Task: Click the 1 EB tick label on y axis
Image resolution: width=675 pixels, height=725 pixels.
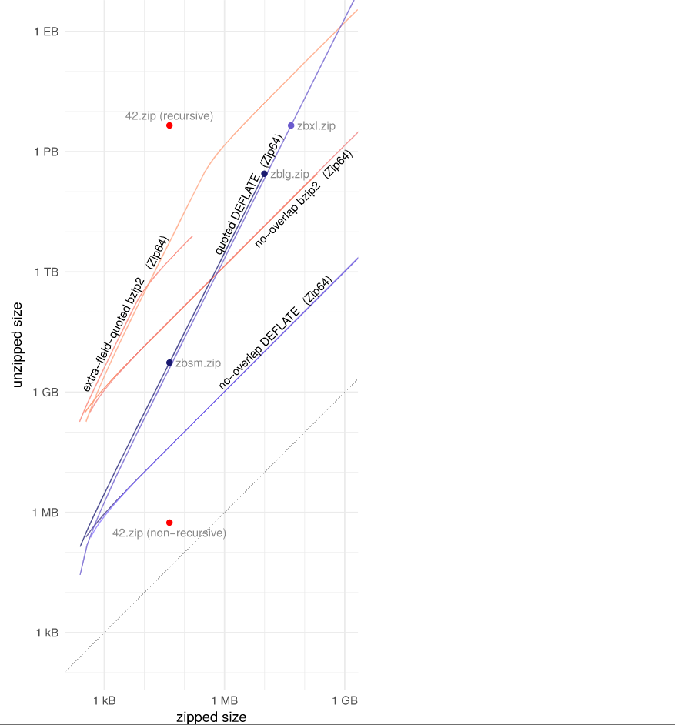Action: click(46, 32)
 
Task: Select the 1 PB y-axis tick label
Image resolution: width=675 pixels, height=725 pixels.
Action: click(46, 152)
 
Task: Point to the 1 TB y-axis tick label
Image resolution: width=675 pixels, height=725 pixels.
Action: click(46, 272)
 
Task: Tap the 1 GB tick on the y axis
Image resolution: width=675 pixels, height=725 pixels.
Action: click(46, 392)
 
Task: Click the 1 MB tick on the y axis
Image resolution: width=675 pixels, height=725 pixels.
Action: click(46, 512)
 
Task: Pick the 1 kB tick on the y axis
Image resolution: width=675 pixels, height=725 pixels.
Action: click(47, 633)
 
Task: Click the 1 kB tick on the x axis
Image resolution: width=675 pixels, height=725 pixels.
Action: click(105, 701)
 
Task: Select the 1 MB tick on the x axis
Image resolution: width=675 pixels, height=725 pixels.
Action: click(225, 701)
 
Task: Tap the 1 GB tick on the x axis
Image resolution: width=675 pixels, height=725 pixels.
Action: click(345, 701)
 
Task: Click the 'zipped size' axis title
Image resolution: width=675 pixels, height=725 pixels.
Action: click(212, 717)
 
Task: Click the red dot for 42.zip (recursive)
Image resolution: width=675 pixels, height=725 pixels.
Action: click(169, 125)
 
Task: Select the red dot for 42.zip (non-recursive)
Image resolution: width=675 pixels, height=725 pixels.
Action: click(169, 523)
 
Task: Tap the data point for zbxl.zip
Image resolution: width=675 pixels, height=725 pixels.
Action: click(291, 125)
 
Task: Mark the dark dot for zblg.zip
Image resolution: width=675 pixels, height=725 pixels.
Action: click(265, 174)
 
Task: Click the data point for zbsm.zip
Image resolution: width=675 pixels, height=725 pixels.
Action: click(169, 362)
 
